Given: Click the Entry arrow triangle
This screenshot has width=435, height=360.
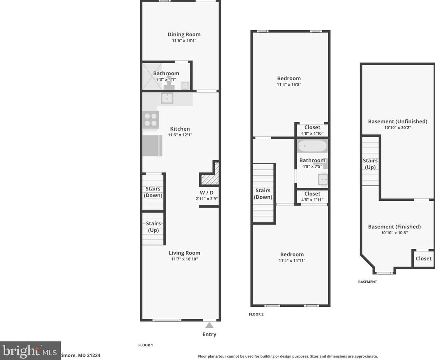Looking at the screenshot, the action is click(209, 325).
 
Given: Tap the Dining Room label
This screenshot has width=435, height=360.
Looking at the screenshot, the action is click(184, 34).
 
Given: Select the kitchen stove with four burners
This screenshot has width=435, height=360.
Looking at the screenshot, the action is click(151, 120).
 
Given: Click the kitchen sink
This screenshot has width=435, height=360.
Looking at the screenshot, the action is click(167, 98).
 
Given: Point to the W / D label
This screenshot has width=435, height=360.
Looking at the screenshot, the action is click(207, 193).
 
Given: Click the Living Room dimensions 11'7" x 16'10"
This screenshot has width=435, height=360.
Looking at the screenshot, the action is click(184, 259).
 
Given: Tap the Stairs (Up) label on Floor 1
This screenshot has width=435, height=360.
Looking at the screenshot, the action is click(153, 227).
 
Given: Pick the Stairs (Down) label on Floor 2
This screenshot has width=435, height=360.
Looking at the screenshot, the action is click(263, 194).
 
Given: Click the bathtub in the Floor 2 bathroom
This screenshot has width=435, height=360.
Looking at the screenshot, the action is click(313, 146).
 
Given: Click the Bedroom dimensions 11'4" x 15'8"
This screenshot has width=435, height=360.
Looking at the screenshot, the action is click(289, 84).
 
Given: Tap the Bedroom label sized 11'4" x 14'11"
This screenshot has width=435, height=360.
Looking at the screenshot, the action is click(292, 254).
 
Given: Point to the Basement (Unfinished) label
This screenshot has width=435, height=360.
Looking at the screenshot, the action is click(398, 121).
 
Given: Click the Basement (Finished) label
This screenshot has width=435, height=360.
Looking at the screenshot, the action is click(394, 227).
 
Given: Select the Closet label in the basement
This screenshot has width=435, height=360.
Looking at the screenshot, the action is click(424, 258).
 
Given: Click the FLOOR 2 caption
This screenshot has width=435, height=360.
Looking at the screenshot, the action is click(256, 314).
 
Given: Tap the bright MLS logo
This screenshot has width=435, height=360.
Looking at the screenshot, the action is click(30, 351).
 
